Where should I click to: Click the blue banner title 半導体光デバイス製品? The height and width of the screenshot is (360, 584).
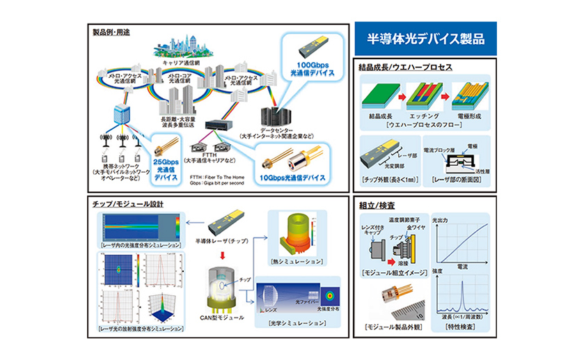[x=425, y=38]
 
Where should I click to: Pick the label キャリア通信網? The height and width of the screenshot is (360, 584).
[x=177, y=62]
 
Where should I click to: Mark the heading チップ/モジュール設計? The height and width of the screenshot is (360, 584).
[x=125, y=204]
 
